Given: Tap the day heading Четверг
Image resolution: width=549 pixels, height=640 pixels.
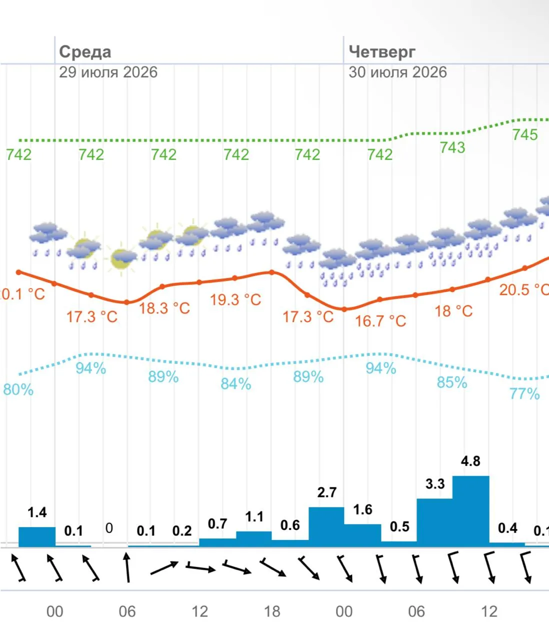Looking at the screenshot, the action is (382, 52).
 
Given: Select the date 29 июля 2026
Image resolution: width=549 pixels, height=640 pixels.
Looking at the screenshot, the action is (108, 72).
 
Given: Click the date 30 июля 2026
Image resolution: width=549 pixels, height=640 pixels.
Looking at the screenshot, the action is (398, 72).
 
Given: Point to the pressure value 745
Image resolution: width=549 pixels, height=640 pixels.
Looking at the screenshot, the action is (525, 134).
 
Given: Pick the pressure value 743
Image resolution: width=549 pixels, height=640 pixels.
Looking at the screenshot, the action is (452, 147).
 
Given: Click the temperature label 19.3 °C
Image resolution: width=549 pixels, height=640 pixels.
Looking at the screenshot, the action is (235, 299).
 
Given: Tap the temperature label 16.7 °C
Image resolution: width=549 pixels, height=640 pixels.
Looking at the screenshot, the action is (380, 321).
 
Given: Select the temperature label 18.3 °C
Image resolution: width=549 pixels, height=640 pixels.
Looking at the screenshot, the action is (164, 308).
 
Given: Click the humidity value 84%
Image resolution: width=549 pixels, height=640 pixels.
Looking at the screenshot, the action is (235, 384).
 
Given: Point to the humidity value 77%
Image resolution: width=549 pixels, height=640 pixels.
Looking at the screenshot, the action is (525, 394).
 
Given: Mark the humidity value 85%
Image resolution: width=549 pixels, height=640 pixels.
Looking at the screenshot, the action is (452, 382).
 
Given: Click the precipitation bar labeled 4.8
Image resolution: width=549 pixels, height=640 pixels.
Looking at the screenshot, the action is (470, 511).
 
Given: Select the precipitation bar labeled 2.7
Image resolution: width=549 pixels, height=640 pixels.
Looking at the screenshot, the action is (326, 527).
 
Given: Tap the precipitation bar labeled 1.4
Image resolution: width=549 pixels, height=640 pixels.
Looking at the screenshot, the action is (37, 537).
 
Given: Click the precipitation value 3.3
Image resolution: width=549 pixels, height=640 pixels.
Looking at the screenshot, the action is (435, 484).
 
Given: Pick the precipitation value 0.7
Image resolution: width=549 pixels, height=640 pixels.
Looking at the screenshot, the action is (217, 524).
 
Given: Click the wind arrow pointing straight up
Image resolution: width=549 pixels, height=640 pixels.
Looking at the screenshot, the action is (127, 568).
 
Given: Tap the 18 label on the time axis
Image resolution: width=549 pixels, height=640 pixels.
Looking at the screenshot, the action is (272, 611).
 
